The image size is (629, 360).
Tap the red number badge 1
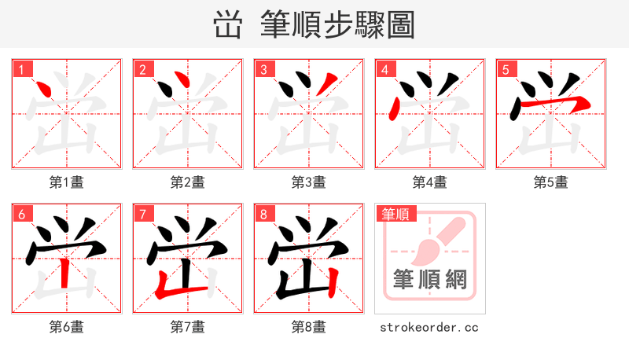click(x=21, y=69)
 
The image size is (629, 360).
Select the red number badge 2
click(x=142, y=69)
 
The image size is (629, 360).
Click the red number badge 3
click(x=263, y=69)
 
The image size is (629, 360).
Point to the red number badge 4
click(x=384, y=69)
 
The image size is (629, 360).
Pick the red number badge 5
click(x=506, y=69)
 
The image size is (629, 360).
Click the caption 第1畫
click(x=67, y=182)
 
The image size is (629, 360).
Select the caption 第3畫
click(x=309, y=182)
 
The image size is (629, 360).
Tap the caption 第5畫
click(x=551, y=182)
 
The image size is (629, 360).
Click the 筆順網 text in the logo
click(x=430, y=279)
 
